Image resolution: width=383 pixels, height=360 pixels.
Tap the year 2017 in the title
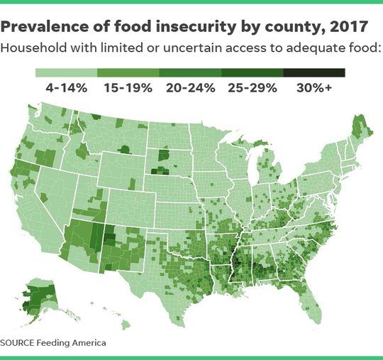343,28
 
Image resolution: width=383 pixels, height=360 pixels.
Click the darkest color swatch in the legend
314,72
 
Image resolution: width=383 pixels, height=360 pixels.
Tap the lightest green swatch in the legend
67,72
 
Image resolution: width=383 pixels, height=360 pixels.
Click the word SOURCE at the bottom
24,342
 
